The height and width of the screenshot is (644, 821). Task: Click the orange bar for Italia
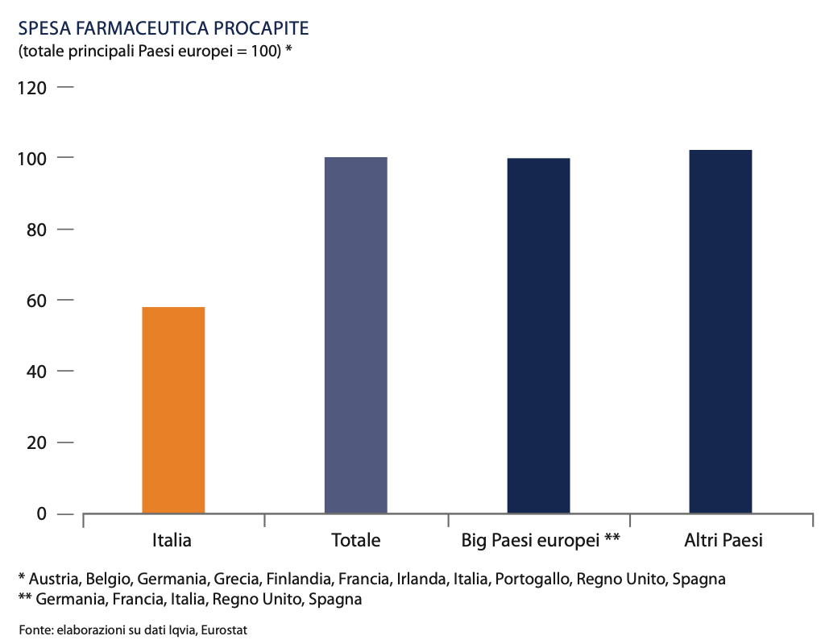pyautogui.click(x=173, y=409)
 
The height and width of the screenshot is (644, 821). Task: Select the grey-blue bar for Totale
pyautogui.click(x=355, y=334)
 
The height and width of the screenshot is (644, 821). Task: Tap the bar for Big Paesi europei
pyautogui.click(x=538, y=335)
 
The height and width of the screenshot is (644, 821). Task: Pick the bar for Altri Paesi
pyautogui.click(x=720, y=331)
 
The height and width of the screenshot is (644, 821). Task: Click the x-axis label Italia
pyautogui.click(x=172, y=540)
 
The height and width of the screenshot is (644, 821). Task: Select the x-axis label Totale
pyautogui.click(x=355, y=540)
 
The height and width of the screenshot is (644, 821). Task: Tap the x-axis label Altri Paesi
pyautogui.click(x=721, y=540)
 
